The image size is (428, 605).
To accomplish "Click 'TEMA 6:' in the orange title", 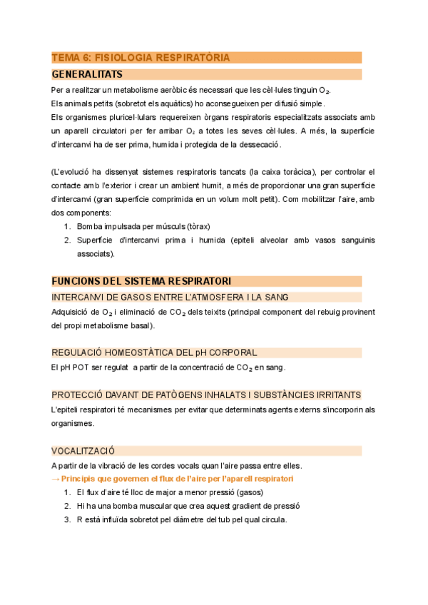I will pyautogui.click(x=71, y=58).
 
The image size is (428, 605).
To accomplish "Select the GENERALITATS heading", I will pyautogui.click(x=87, y=74).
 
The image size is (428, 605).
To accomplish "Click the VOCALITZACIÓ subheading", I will pyautogui.click(x=83, y=450).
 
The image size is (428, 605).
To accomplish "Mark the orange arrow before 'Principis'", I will pyautogui.click(x=56, y=478).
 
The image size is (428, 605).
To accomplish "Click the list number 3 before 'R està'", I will pyautogui.click(x=66, y=519).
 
